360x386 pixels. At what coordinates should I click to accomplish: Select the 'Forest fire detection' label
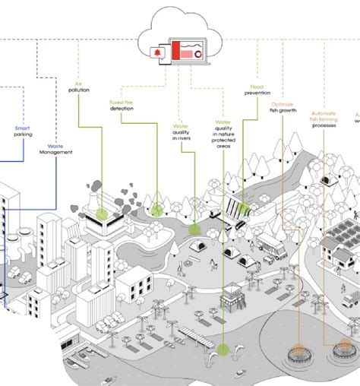click(122, 105)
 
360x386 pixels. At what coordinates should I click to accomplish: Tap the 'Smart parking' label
click(24, 134)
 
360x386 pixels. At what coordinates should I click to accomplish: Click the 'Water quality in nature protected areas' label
click(223, 133)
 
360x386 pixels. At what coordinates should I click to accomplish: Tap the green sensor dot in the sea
click(223, 350)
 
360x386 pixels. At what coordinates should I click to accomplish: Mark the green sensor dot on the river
click(194, 228)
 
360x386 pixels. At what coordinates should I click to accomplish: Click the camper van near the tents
click(271, 244)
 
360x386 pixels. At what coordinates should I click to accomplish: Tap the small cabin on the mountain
click(327, 180)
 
